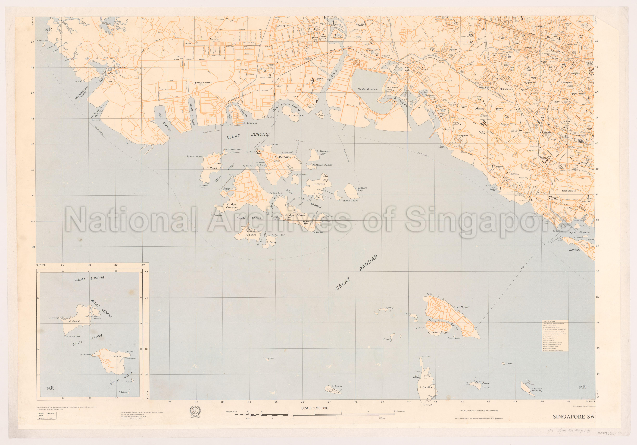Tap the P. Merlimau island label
[x=283, y=157]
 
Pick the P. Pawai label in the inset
[x=74, y=321]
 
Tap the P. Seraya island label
[x=319, y=184]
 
